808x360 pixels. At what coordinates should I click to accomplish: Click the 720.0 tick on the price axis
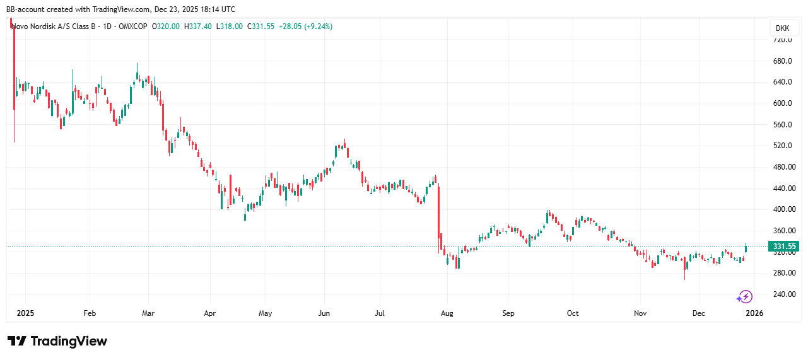(782, 40)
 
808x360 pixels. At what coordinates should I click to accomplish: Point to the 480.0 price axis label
(782, 167)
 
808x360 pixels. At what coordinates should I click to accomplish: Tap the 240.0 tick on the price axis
(782, 294)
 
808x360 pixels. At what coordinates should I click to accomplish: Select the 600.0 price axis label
(782, 103)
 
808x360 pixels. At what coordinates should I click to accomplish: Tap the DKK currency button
(782, 28)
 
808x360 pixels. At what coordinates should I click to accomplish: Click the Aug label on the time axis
(447, 313)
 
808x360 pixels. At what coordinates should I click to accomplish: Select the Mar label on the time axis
(149, 313)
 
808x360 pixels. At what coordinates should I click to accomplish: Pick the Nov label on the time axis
(640, 313)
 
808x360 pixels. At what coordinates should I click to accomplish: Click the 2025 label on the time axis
(25, 313)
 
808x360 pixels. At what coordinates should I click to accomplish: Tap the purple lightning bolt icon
(746, 296)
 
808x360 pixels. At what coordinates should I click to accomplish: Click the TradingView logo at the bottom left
(57, 341)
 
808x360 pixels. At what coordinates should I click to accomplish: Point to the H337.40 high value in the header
(198, 26)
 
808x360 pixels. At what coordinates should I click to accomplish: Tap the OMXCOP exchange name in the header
(132, 26)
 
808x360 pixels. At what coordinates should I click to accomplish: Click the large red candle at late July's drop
(439, 218)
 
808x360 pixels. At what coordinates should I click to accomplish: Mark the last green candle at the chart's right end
(746, 248)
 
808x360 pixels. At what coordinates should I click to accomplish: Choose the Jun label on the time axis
(324, 313)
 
